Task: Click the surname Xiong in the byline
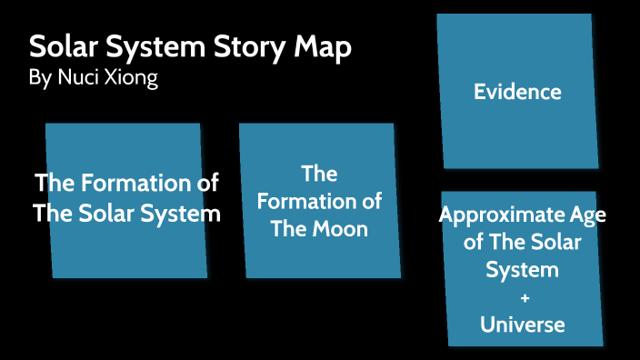(131, 79)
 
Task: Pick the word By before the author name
(40, 79)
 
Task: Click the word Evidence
(517, 92)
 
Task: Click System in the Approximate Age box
(522, 270)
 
